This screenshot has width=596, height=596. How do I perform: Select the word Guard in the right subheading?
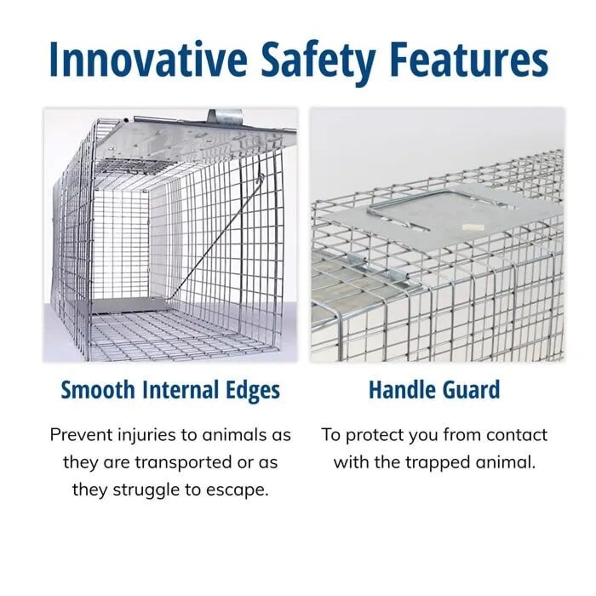[469, 391]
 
